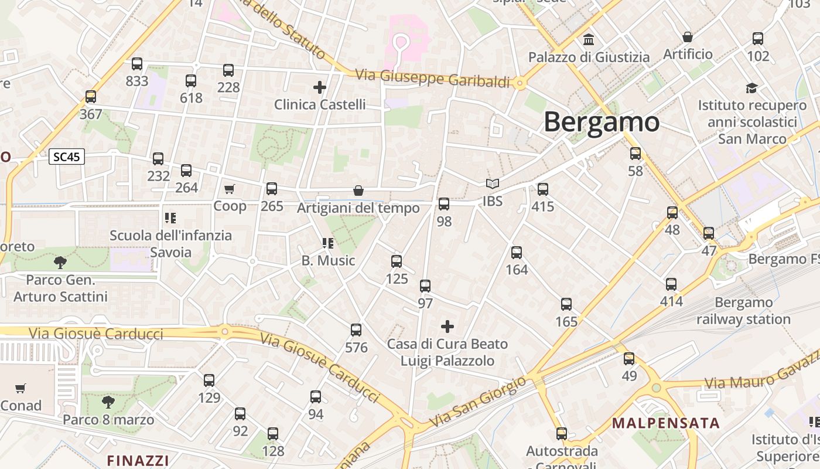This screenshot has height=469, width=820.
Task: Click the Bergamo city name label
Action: point(602,122)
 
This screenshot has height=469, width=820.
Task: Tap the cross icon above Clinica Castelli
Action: point(320,87)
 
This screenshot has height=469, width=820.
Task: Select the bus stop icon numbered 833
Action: point(137,64)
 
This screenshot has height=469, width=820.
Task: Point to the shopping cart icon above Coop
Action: point(230,189)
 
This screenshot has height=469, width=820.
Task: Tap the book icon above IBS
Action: point(493,183)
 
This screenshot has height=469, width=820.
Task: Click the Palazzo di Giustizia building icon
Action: point(589,40)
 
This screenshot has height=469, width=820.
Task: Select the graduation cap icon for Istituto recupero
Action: point(751,88)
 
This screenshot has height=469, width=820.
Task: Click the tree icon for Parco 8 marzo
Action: point(108,402)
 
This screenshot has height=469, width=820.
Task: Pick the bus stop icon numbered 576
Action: point(356,330)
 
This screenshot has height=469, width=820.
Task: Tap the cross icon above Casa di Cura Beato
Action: point(447,326)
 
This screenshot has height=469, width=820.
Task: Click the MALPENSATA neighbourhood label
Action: point(666,423)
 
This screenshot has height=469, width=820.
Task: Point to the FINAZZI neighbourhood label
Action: point(138,460)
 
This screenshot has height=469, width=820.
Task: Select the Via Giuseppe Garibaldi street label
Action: point(433,78)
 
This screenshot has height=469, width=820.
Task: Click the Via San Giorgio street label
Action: point(477,402)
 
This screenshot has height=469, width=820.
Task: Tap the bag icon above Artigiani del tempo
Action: point(358,191)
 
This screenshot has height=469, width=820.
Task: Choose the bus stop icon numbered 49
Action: point(629,358)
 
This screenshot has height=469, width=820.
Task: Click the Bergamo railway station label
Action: point(743,311)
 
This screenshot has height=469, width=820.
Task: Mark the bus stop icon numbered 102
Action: point(758,39)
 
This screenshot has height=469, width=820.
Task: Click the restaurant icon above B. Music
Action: point(328,243)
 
